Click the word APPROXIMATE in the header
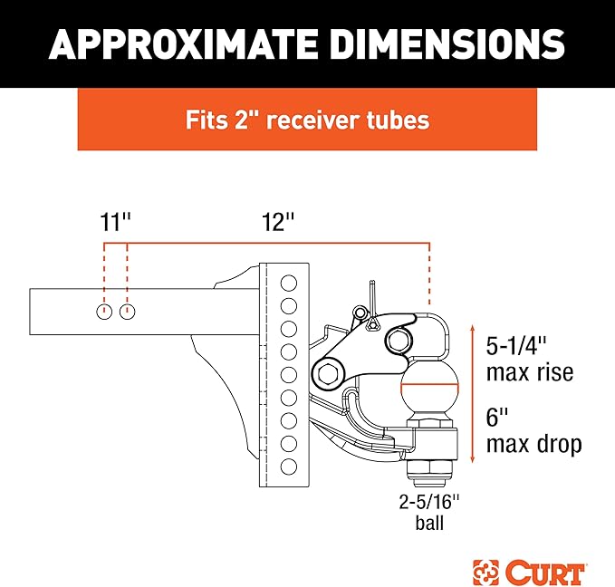[183, 44]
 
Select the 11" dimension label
[115, 222]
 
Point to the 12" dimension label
[278, 222]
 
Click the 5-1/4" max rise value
[516, 346]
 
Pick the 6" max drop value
[497, 417]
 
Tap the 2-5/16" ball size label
[429, 502]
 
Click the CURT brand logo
[528, 573]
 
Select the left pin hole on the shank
[104, 313]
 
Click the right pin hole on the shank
[128, 313]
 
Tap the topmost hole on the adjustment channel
[289, 283]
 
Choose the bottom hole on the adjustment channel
[289, 467]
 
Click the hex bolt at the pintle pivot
[328, 374]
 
